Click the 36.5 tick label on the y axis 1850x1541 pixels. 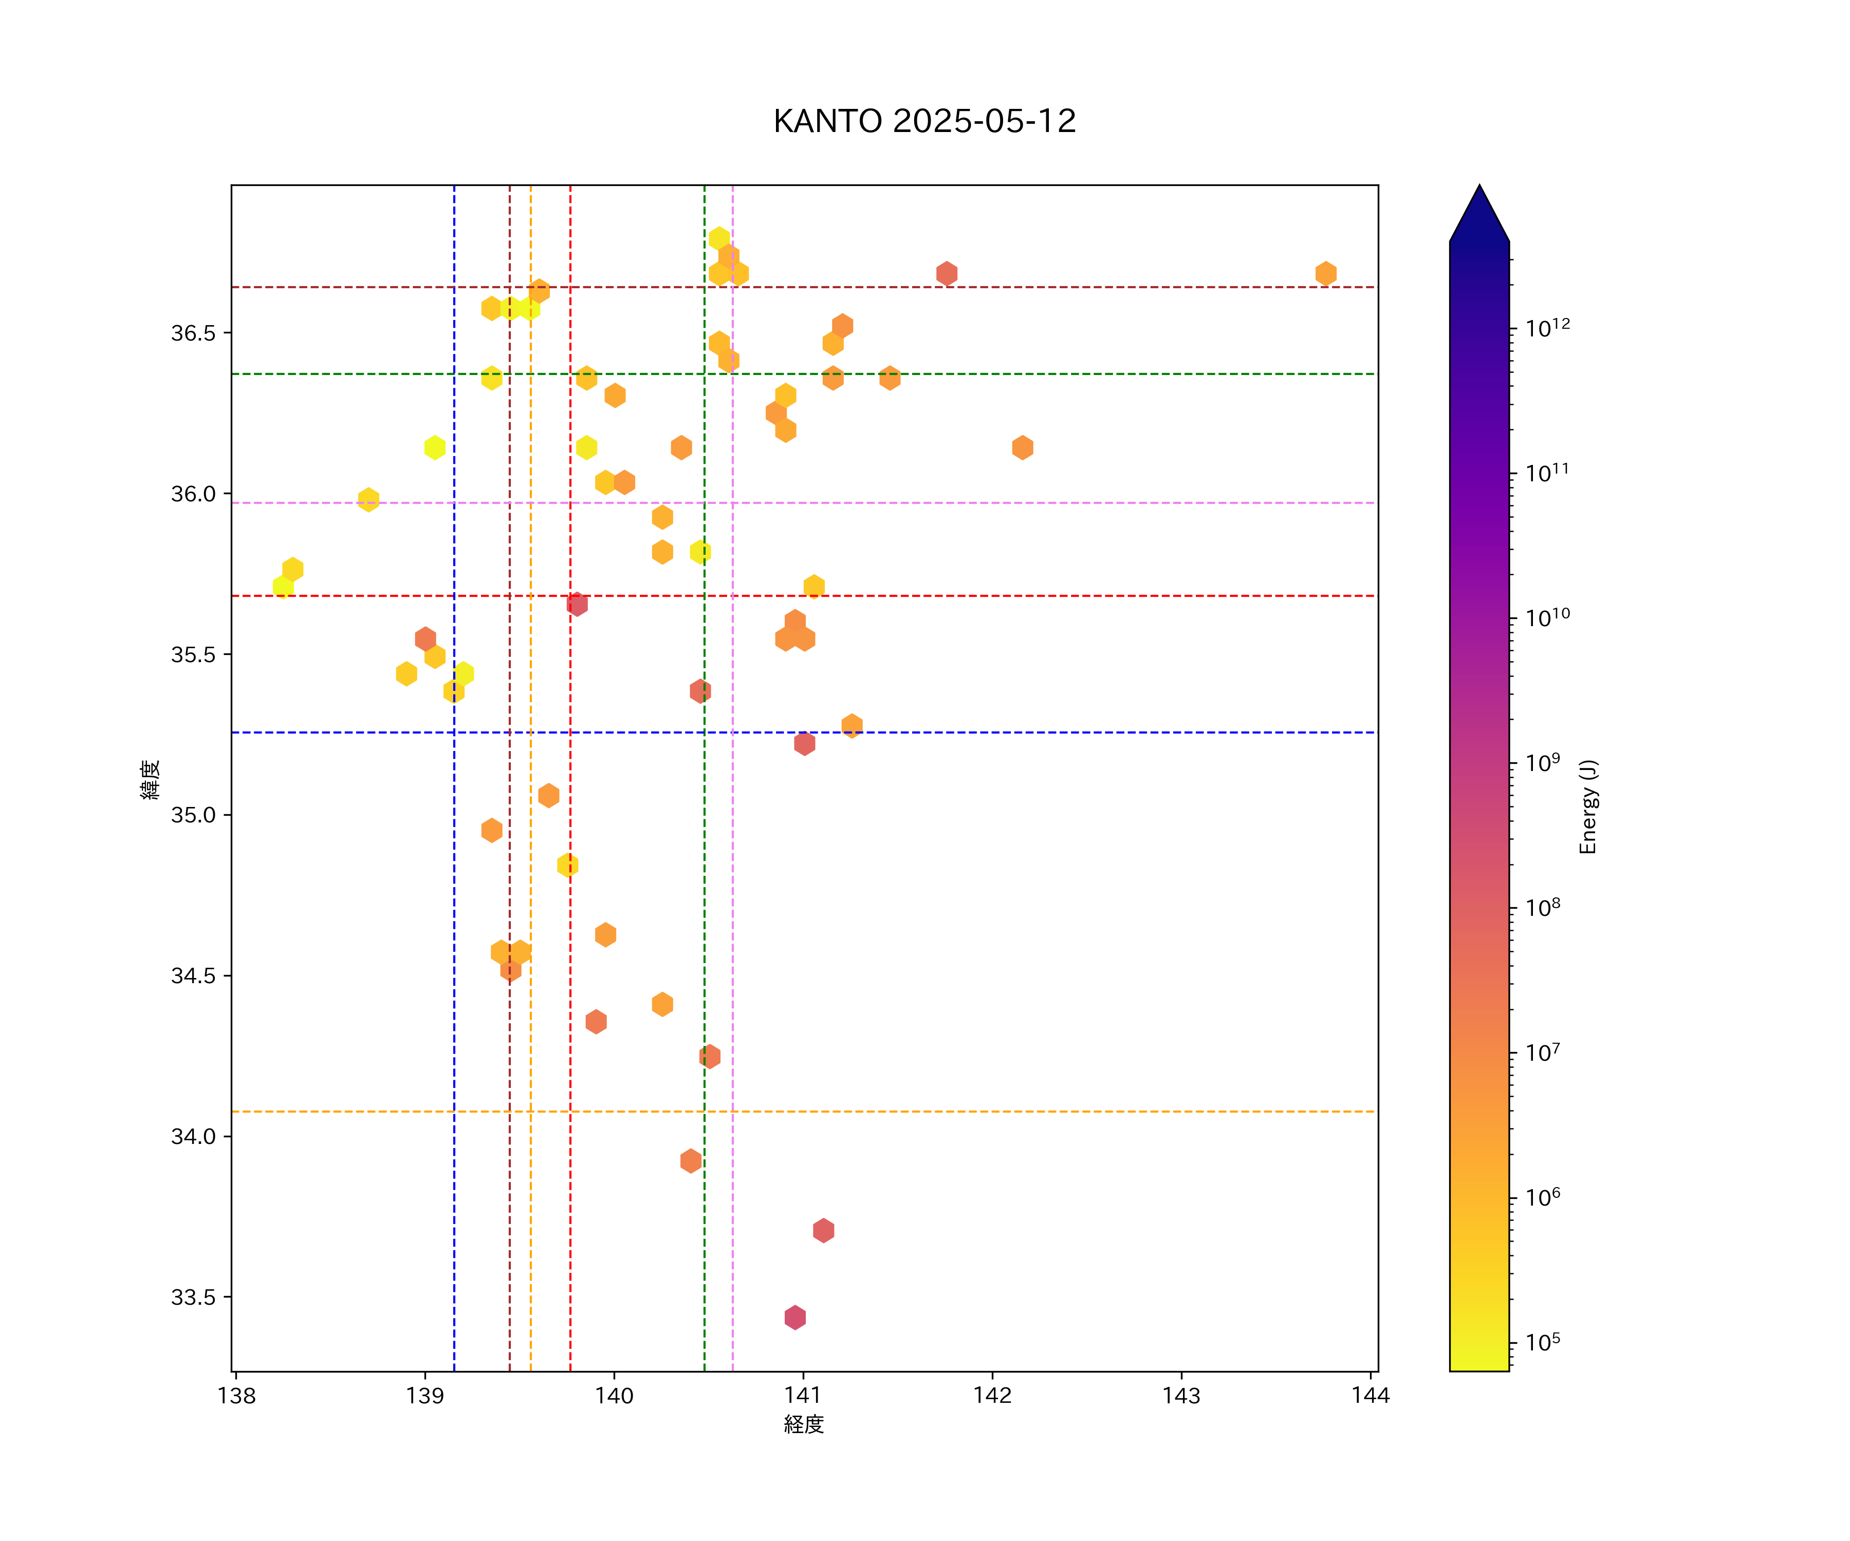[193, 333]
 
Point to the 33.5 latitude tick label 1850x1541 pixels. [193, 1297]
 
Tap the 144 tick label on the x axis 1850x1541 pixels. [1370, 1396]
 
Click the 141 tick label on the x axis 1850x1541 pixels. [803, 1396]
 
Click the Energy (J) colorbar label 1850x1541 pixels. [1587, 806]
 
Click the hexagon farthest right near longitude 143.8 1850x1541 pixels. [1326, 274]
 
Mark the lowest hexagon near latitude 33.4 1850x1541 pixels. [794, 1318]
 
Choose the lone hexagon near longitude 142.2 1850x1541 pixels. [1022, 447]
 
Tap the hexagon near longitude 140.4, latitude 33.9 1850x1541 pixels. [691, 1160]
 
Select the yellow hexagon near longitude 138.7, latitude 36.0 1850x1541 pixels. [368, 499]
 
